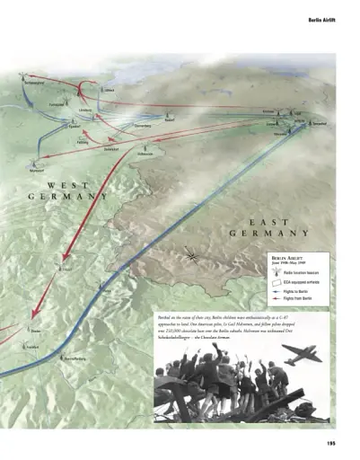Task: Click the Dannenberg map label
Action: pos(147,127)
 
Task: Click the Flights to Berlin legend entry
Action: pos(299,292)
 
